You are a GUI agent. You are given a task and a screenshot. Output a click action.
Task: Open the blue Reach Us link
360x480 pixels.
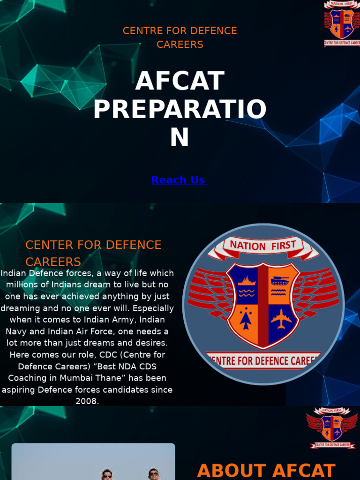coord(178,180)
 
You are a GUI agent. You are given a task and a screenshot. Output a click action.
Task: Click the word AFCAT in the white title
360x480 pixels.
coord(180,81)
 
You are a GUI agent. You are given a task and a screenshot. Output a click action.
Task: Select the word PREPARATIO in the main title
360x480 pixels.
coord(180,110)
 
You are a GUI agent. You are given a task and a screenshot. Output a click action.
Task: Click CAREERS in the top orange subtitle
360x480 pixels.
coord(180,45)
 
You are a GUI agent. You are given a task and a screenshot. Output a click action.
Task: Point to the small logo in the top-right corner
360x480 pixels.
coord(342,23)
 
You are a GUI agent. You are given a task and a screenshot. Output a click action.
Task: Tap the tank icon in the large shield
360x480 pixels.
coord(280,281)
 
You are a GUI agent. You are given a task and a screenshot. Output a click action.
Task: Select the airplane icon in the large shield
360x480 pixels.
coord(281,319)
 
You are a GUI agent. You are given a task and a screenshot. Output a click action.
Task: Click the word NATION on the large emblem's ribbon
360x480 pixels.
coord(247,246)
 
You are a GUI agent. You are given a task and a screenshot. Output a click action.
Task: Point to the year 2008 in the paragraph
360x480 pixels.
coord(87,401)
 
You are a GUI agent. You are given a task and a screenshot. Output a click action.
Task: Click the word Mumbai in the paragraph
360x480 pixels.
coord(69,378)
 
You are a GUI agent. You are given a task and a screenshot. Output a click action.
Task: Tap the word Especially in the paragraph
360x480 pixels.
coord(150,308)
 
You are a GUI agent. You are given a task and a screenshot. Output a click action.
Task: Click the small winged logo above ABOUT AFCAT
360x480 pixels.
coord(332,427)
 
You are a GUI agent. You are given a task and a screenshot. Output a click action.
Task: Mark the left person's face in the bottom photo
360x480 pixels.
coord(107,474)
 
